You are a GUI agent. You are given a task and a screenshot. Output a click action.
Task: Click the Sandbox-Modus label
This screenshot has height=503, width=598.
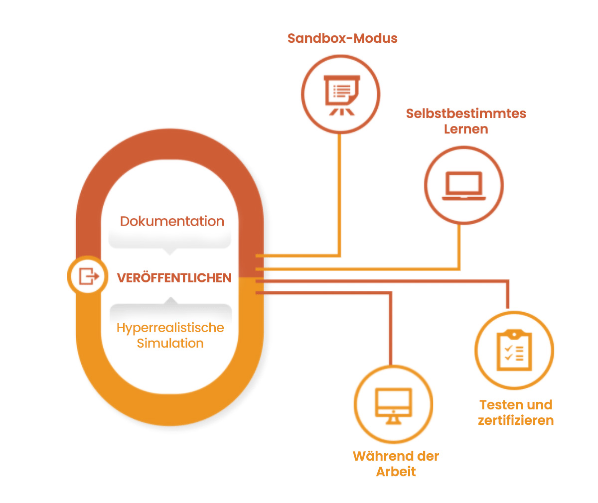342,38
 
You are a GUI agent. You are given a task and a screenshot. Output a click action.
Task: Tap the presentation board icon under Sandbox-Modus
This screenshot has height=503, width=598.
341,94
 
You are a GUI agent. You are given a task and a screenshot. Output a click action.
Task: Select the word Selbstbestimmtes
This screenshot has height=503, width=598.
466,114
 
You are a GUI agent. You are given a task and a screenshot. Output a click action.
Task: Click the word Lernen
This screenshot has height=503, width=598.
466,129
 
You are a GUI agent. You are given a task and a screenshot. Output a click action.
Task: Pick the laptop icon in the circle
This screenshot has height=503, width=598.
464,186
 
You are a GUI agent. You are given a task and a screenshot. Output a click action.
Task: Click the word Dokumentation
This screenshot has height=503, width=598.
172,221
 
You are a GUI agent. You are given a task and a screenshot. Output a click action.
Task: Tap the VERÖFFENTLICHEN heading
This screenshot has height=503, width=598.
174,277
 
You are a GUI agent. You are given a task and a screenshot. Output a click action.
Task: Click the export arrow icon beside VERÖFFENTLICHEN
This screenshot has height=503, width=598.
88,275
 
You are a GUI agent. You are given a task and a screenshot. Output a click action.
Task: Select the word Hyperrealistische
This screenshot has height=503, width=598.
170,328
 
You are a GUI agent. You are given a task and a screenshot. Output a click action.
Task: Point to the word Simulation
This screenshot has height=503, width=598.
170,343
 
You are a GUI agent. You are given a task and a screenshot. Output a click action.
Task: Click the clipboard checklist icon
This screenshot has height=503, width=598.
514,350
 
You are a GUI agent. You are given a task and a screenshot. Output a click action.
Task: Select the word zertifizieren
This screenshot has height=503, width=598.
516,420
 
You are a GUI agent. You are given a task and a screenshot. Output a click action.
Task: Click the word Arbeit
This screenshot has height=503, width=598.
396,472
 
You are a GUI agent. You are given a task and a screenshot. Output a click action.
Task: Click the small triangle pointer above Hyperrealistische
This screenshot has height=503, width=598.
171,300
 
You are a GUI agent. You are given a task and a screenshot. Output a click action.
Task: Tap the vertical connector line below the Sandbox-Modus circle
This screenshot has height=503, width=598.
340,194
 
